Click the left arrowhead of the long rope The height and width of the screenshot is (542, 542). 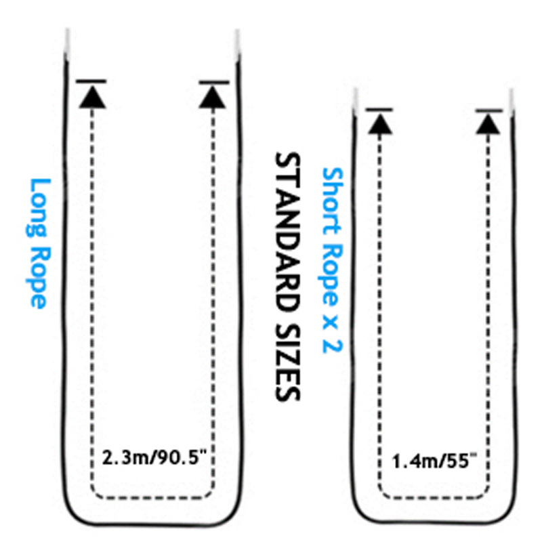tap(91, 96)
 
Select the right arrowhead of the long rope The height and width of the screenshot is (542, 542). tap(214, 96)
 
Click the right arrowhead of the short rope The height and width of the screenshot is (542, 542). tap(488, 123)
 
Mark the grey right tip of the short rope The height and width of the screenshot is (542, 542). tap(512, 100)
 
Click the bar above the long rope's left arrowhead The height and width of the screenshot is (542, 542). tap(91, 82)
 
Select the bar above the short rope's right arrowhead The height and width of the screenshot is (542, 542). tap(488, 110)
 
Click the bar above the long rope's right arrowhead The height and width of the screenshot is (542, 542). tap(214, 82)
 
